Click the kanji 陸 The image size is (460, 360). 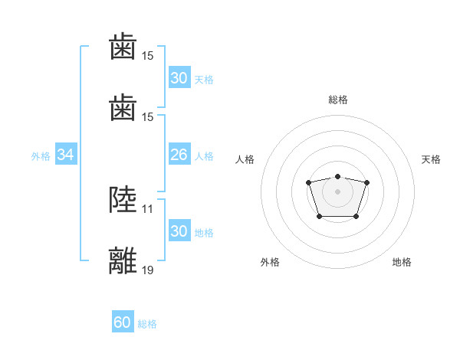pos(124,200)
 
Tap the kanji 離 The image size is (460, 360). pos(124,260)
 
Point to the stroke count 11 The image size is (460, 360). pos(148,208)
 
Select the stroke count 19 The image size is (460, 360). pos(148,269)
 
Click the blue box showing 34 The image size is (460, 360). pos(66,155)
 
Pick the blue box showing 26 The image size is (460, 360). pos(179,155)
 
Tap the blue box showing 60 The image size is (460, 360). pos(123,322)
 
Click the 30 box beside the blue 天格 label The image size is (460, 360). pos(179,77)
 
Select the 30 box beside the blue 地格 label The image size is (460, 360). pos(179,231)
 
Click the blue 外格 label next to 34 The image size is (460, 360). pos(41,156)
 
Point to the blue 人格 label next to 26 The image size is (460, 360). pos(204,156)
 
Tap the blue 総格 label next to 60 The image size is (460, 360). pos(148,324)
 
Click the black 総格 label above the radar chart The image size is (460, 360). pos(337,100)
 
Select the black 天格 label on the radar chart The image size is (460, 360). pos(432,159)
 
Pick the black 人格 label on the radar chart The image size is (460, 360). pos(245,159)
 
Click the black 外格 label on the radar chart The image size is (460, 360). pos(270,262)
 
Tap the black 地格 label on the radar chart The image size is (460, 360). pos(402,262)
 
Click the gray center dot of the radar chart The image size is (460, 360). pos(337,191)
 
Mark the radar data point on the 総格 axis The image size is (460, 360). pos(337,176)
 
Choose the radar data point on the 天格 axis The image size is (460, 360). pos(366,182)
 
